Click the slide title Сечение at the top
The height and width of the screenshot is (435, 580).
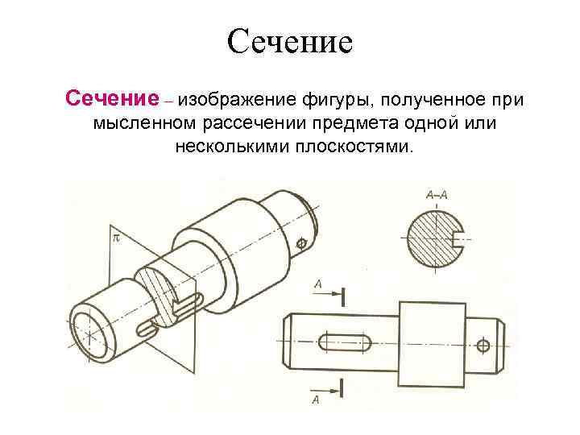coord(290,40)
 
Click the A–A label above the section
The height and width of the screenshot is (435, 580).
coord(436,194)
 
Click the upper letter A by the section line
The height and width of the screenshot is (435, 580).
coord(318,284)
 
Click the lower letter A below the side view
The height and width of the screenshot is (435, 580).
coord(316,399)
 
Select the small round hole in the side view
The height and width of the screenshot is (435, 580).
coord(483,346)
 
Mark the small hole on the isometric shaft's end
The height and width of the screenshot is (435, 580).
coord(302,242)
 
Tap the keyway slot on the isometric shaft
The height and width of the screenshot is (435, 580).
coord(149,327)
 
